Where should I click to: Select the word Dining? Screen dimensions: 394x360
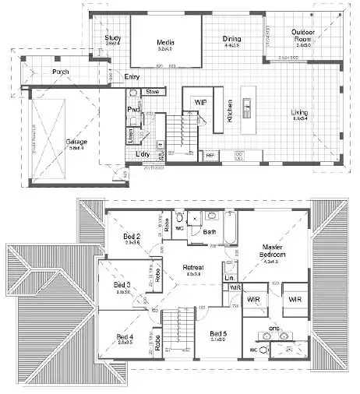point(231,39)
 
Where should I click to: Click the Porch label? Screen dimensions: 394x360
point(60,72)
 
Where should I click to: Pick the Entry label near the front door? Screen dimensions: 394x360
point(132,76)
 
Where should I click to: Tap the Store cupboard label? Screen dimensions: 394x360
point(152,92)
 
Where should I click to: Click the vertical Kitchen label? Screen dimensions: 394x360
point(230,111)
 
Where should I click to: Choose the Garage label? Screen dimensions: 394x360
point(76,142)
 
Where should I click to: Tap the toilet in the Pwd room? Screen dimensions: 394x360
point(133,93)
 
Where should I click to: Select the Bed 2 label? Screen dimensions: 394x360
point(132,237)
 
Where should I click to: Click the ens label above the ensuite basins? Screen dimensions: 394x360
point(274,329)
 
